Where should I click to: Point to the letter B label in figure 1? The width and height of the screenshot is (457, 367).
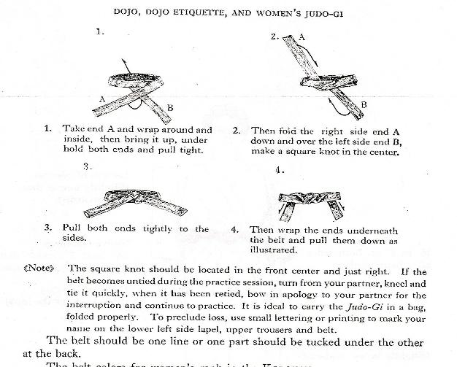coord(170,109)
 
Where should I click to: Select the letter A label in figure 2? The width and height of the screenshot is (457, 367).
coord(302,34)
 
